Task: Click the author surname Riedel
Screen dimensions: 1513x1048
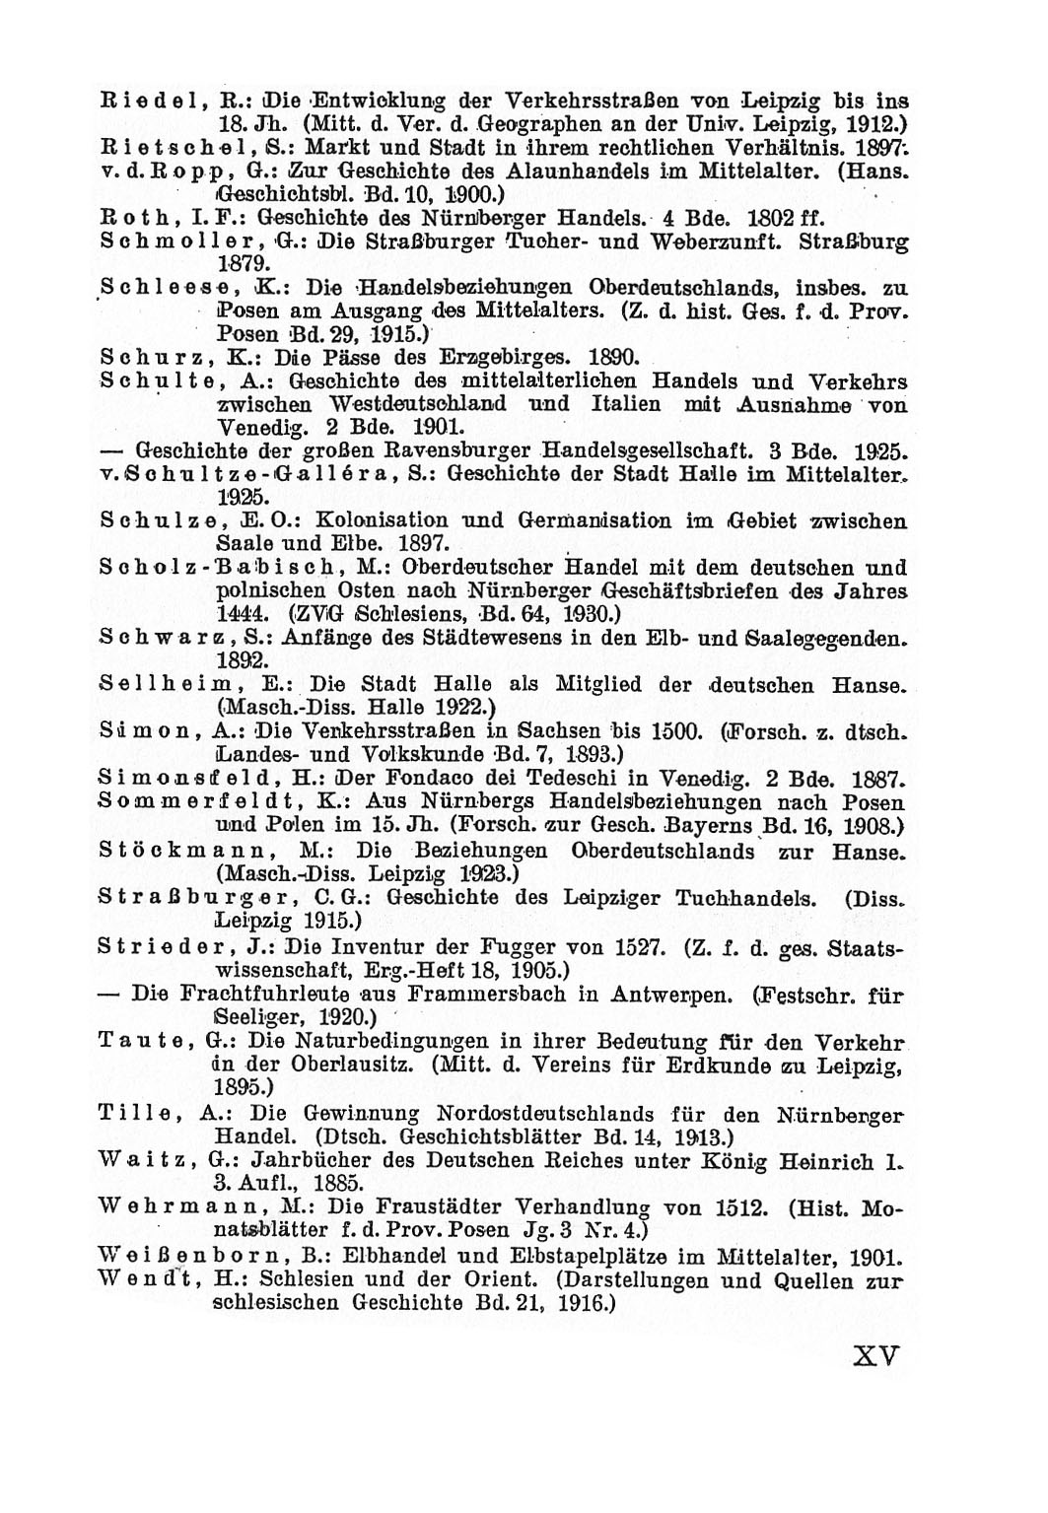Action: coord(147,101)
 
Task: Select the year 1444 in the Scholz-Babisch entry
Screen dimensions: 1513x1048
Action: coord(238,612)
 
